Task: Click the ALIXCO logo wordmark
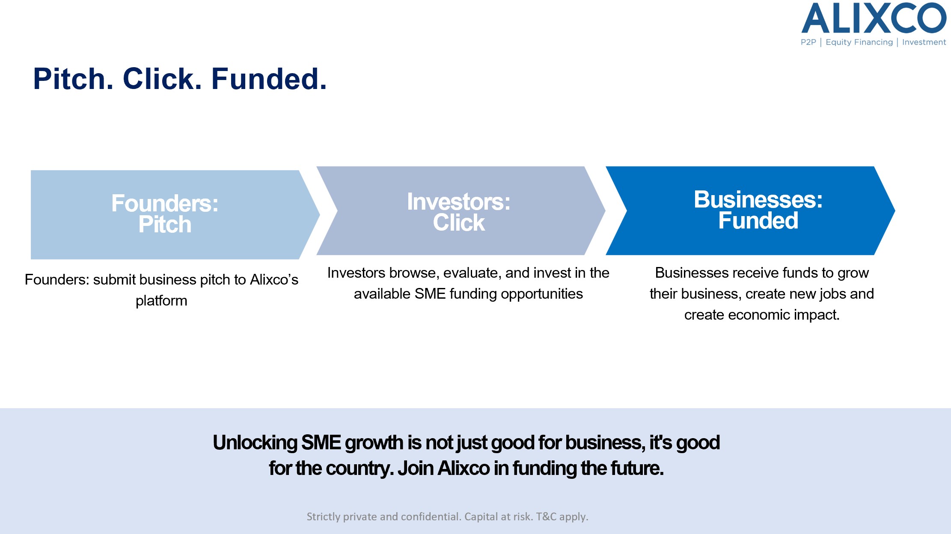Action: pos(873,18)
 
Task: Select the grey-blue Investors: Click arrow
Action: pos(461,211)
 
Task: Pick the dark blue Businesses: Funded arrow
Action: pos(750,211)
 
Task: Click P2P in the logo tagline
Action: pos(808,42)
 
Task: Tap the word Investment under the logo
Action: pos(924,42)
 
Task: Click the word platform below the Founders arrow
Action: pos(161,301)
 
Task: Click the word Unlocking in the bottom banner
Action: pos(255,443)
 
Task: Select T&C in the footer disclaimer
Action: pos(546,516)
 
